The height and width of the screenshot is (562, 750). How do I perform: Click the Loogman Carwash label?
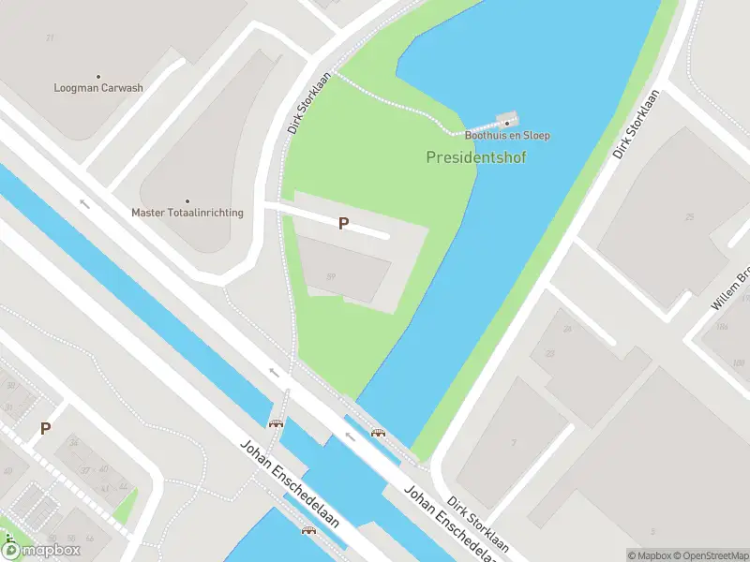pyautogui.click(x=98, y=88)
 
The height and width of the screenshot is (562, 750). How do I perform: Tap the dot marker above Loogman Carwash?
pyautogui.click(x=98, y=76)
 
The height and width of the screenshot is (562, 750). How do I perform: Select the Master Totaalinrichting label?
pyautogui.click(x=187, y=213)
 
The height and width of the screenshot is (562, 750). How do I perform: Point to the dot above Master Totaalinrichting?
pyautogui.click(x=187, y=200)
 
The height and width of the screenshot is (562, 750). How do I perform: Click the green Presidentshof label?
pyautogui.click(x=476, y=157)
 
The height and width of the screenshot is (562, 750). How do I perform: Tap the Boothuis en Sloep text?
pyautogui.click(x=506, y=136)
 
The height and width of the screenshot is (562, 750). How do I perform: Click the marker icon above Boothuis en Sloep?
pyautogui.click(x=507, y=122)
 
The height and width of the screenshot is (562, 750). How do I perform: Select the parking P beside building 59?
pyautogui.click(x=344, y=223)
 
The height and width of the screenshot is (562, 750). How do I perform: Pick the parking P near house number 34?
pyautogui.click(x=45, y=429)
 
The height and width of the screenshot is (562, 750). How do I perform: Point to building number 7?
pyautogui.click(x=513, y=443)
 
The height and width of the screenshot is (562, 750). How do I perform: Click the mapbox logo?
pyautogui.click(x=41, y=550)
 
